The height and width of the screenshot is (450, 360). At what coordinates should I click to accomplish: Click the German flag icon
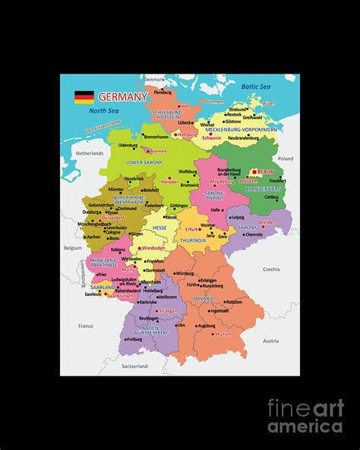pyautogui.click(x=84, y=96)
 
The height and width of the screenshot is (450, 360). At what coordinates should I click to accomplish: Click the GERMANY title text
pyautogui.click(x=122, y=97)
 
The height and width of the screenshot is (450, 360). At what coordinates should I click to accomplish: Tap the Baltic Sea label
pyautogui.click(x=256, y=87)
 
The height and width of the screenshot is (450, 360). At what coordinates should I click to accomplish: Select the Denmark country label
pyautogui.click(x=154, y=79)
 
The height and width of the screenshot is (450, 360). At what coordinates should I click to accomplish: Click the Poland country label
pyautogui.click(x=285, y=159)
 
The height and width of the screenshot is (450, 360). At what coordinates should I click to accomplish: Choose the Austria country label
pyautogui.click(x=270, y=341)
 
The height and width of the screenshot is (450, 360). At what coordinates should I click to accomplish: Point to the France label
pyautogui.click(x=85, y=326)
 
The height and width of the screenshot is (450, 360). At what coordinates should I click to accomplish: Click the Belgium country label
pyautogui.click(x=72, y=247)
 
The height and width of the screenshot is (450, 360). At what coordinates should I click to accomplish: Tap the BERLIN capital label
pyautogui.click(x=265, y=172)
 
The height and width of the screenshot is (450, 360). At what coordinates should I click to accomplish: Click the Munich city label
pyautogui.click(x=223, y=334)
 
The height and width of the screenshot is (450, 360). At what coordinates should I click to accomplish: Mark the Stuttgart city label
pyautogui.click(x=167, y=310)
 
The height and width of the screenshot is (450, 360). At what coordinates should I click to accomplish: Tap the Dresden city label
pyautogui.click(x=267, y=222)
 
